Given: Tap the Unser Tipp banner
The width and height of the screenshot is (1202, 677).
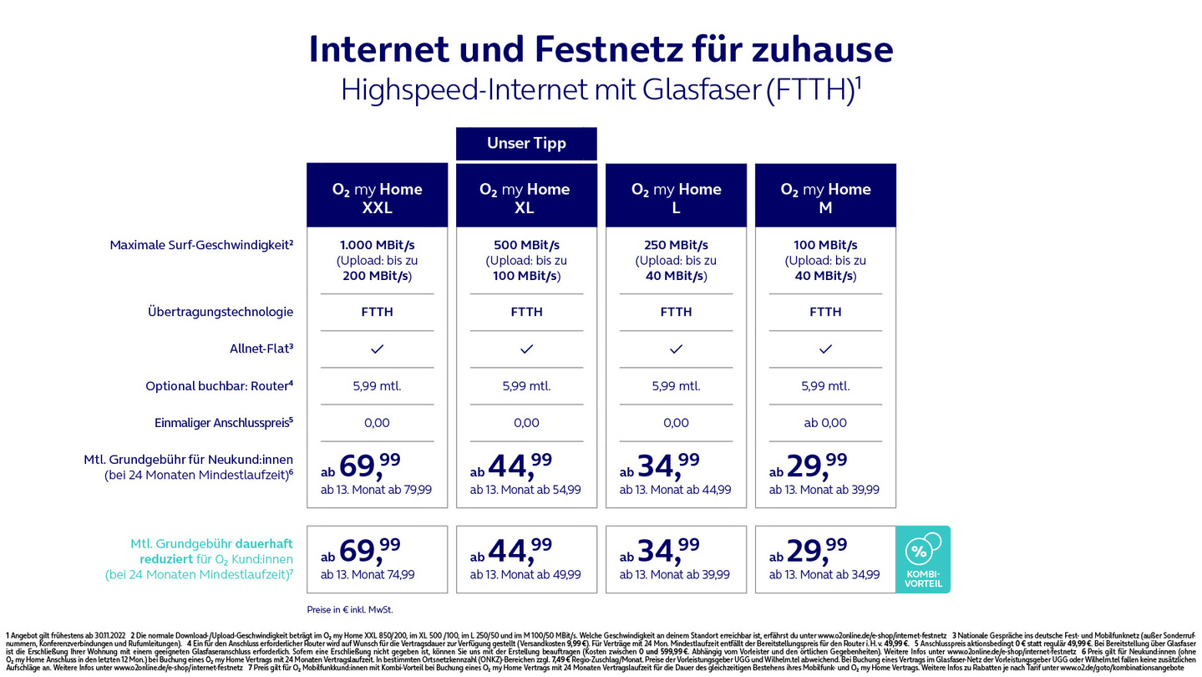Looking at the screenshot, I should [526, 143].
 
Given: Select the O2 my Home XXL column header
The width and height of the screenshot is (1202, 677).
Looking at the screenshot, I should [377, 197].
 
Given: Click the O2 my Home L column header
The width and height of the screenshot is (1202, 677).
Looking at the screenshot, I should [676, 197].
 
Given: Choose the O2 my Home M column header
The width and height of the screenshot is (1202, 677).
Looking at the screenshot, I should [825, 197].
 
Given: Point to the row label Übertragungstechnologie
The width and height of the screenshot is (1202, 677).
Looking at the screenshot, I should [221, 312].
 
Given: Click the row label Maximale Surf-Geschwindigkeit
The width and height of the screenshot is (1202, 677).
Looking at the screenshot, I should [201, 245].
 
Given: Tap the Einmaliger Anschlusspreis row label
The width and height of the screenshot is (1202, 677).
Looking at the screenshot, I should [224, 423].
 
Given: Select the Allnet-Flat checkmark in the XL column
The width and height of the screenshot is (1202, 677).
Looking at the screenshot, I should [526, 349].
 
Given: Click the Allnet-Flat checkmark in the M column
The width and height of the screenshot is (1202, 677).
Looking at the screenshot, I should [825, 349].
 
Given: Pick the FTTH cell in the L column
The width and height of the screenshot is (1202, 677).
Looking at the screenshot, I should [676, 312].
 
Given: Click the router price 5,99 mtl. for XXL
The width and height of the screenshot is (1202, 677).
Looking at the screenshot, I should [377, 386].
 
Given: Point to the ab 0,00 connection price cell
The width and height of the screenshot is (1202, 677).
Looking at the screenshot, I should [825, 423].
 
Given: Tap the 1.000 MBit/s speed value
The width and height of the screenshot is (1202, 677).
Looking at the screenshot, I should [377, 245].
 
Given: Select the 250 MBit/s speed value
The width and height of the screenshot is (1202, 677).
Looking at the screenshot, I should [676, 245].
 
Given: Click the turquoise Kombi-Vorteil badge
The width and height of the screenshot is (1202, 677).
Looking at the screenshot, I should [923, 559].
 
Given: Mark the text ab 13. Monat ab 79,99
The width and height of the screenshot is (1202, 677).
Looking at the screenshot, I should [376, 490].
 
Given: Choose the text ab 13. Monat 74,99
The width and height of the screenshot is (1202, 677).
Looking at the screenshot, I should [368, 575].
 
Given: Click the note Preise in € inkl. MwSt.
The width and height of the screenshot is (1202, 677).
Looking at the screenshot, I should [349, 609].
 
